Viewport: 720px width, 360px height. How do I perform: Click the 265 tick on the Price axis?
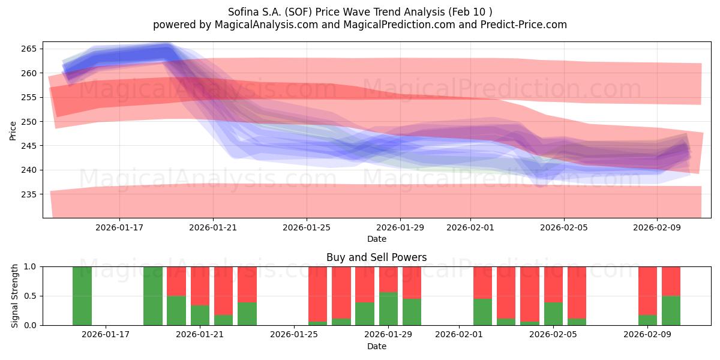(31, 49)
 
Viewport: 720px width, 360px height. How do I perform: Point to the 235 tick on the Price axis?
(31, 194)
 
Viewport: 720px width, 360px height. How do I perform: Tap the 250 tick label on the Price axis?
(31, 122)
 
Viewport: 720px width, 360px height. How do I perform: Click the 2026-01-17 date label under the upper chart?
(119, 228)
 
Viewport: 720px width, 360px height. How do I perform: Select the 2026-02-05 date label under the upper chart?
(563, 228)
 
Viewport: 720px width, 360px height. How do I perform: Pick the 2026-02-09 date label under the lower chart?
(647, 335)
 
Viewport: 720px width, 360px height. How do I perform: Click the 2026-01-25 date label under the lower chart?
(295, 335)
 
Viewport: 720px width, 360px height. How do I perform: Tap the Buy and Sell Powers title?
(376, 257)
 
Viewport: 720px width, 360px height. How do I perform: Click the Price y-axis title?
(13, 130)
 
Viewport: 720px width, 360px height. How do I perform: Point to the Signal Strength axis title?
(15, 296)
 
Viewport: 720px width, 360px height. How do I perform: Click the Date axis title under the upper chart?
(376, 239)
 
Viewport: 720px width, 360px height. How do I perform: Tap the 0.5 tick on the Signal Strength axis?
(31, 296)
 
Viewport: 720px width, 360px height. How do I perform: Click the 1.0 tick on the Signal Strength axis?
(31, 266)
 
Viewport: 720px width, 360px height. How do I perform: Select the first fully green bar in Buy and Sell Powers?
(82, 296)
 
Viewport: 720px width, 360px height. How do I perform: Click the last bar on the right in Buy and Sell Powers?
(671, 296)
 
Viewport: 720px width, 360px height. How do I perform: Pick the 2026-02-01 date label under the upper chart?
(470, 228)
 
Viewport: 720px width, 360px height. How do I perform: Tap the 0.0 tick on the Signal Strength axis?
(31, 325)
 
